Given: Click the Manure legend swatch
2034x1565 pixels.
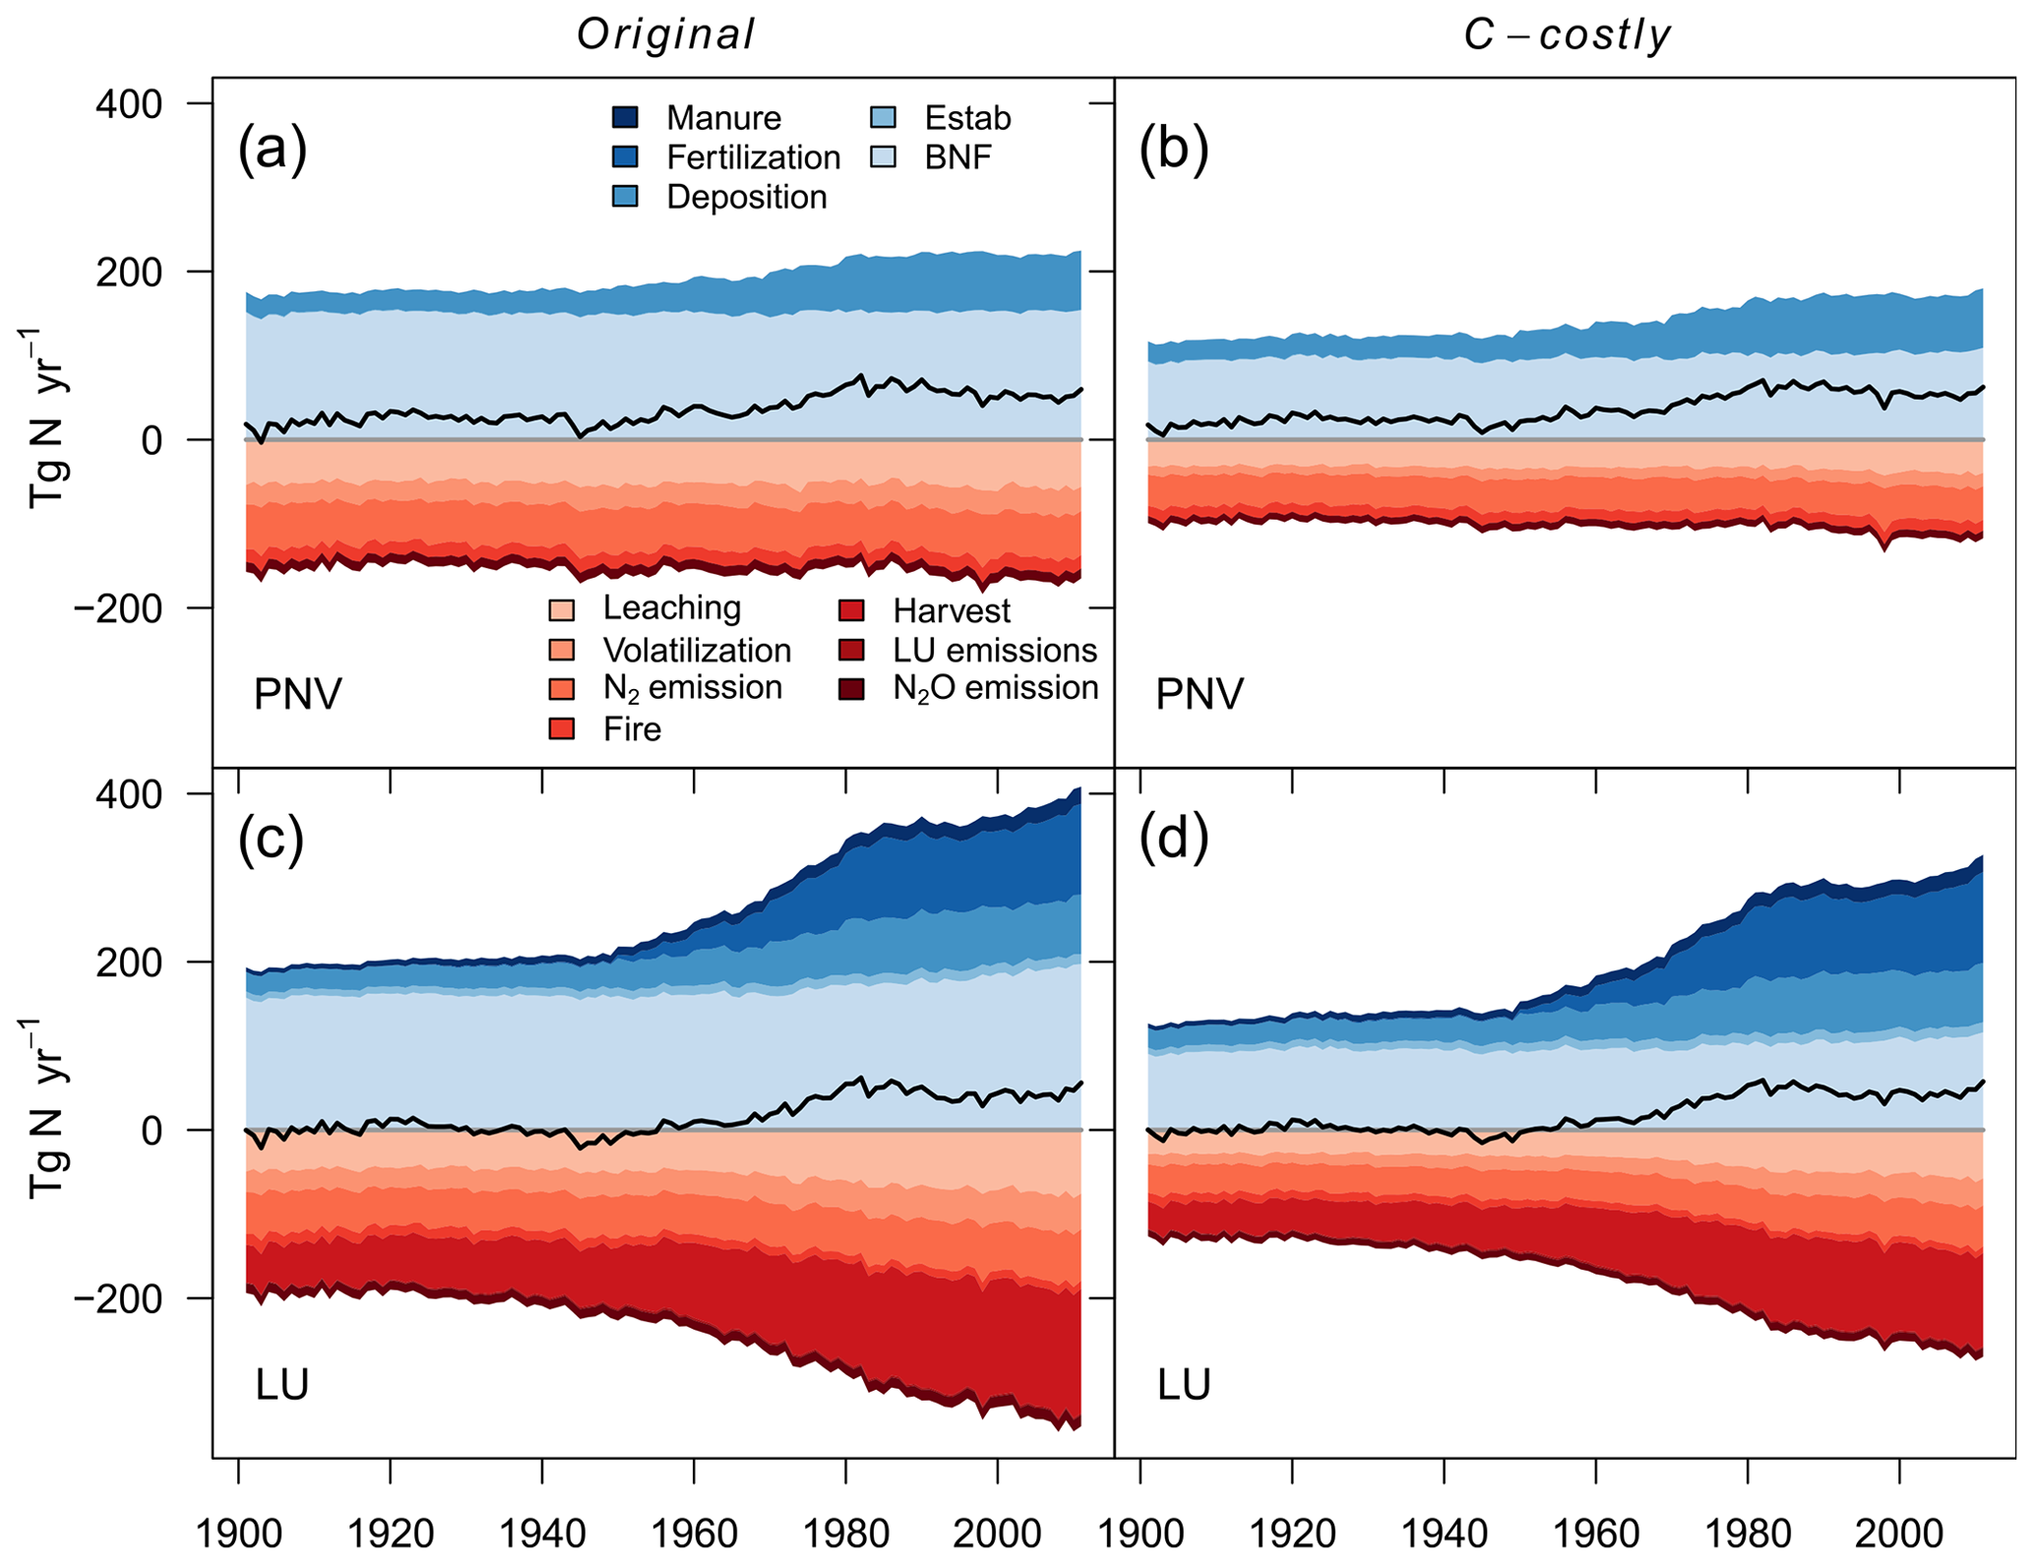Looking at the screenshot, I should pyautogui.click(x=625, y=118).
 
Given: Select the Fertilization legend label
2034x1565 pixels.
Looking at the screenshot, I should pyautogui.click(x=753, y=157).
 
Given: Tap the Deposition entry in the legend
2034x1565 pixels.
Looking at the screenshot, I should pyautogui.click(x=746, y=197).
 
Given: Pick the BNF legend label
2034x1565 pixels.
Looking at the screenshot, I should pyautogui.click(x=957, y=157).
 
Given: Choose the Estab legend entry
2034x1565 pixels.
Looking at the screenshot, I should pyautogui.click(x=967, y=118).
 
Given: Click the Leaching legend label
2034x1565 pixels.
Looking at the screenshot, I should pyautogui.click(x=671, y=608).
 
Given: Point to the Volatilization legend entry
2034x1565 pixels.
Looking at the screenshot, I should pyautogui.click(x=697, y=651).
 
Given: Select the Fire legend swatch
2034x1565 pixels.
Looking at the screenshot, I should pyautogui.click(x=561, y=729).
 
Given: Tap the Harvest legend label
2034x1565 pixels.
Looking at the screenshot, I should pyautogui.click(x=951, y=611).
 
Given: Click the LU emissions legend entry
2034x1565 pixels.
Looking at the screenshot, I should pyautogui.click(x=994, y=651).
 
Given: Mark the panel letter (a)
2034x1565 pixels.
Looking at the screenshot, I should pyautogui.click(x=273, y=149).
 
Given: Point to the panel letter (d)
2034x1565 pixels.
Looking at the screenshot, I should pyautogui.click(x=1174, y=839).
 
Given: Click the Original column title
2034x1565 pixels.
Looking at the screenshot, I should pyautogui.click(x=665, y=34).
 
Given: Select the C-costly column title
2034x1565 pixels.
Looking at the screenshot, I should pyautogui.click(x=1567, y=34).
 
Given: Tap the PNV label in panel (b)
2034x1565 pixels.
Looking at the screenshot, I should pyautogui.click(x=1199, y=695).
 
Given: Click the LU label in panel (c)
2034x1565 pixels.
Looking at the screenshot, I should pyautogui.click(x=282, y=1385).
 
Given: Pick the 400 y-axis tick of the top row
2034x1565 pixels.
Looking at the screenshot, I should pyautogui.click(x=129, y=103).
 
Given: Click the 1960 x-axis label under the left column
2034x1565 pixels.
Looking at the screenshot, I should pyautogui.click(x=694, y=1533).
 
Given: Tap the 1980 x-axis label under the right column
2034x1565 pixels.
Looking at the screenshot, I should pyautogui.click(x=1748, y=1533).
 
